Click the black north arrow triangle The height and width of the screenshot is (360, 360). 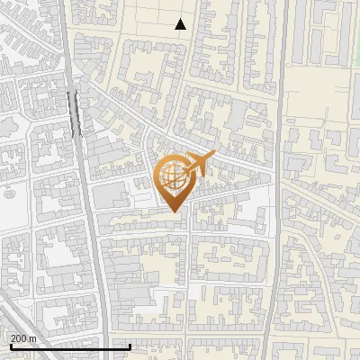[181, 24]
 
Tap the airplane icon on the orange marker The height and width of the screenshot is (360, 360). [199, 164]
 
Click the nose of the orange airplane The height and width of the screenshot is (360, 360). [214, 155]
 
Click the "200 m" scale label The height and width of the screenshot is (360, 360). [23, 338]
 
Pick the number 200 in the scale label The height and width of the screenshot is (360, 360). [19, 338]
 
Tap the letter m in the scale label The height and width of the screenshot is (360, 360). [32, 338]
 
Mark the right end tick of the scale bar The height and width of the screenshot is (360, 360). [130, 346]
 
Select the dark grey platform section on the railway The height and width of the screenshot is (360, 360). [72, 112]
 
